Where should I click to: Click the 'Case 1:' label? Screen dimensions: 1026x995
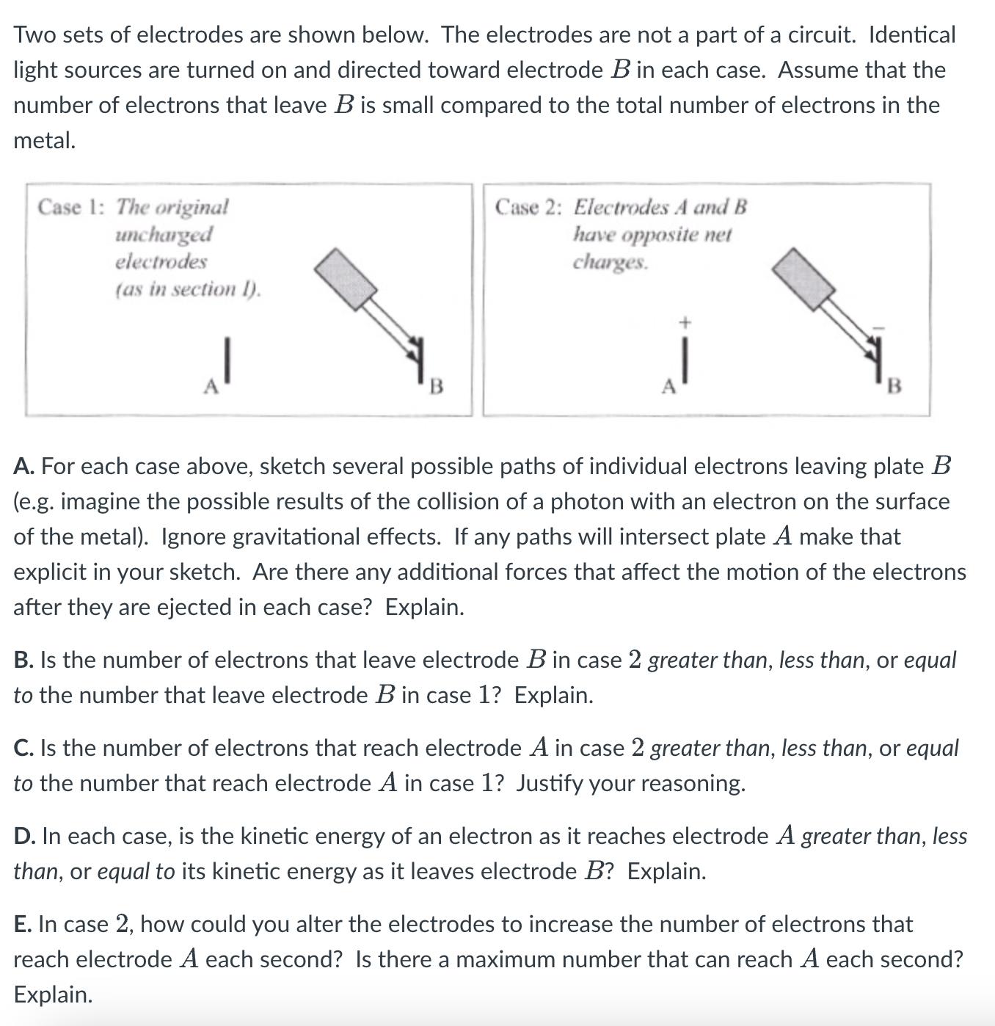tap(70, 208)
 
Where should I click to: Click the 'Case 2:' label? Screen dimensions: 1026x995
tap(528, 208)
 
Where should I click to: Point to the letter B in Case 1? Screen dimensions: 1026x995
tap(437, 385)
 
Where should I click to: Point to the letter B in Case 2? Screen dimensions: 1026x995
tap(894, 385)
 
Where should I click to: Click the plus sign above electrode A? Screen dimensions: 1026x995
tap(685, 321)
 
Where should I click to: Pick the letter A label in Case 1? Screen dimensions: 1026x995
tap(211, 385)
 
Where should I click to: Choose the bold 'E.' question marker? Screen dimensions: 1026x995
tap(23, 925)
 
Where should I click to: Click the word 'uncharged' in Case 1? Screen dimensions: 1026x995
tap(164, 235)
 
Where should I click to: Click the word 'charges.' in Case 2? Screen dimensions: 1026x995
tap(611, 262)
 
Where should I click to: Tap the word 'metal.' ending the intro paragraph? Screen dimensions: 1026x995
tap(45, 140)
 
